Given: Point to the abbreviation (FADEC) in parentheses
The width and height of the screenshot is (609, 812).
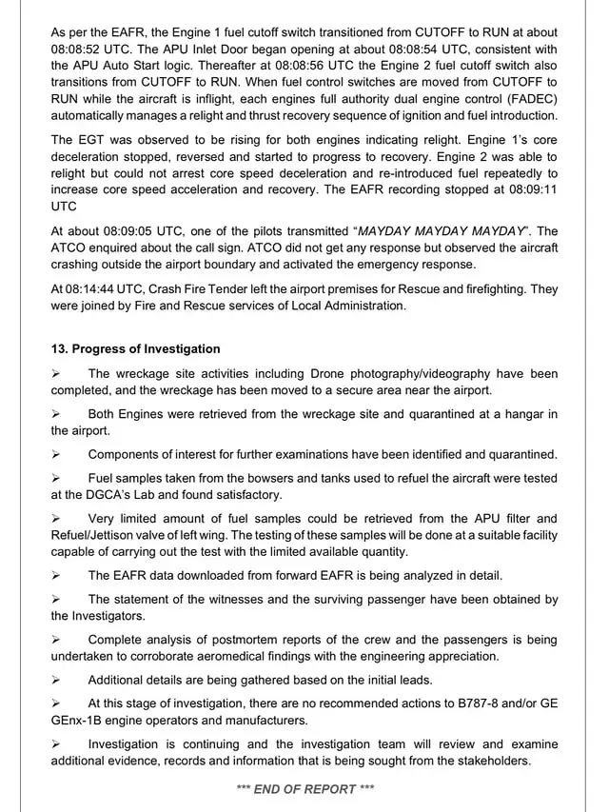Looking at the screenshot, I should [x=531, y=99].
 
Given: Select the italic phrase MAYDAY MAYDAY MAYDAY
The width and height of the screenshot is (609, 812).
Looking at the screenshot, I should [x=443, y=230].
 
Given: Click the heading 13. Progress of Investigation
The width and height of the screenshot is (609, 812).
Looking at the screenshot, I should [x=135, y=349].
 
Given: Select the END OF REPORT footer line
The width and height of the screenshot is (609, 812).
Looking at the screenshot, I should [x=304, y=788].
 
